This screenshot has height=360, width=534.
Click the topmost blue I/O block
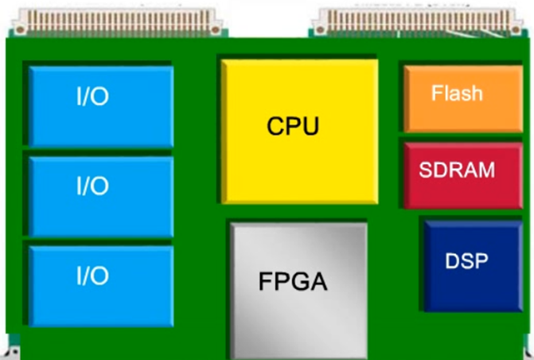point(101,107)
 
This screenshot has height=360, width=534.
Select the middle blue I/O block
point(101,196)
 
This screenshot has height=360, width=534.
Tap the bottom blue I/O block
point(101,285)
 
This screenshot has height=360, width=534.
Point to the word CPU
point(293,126)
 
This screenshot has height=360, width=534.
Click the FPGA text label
point(293,281)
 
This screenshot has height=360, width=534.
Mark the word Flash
point(457,93)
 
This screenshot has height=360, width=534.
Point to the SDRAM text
point(457,170)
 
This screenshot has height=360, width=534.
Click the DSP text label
point(466,260)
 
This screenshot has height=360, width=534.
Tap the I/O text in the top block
point(92,97)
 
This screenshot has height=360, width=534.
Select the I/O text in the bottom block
point(92,276)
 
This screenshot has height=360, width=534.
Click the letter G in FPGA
point(301,281)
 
